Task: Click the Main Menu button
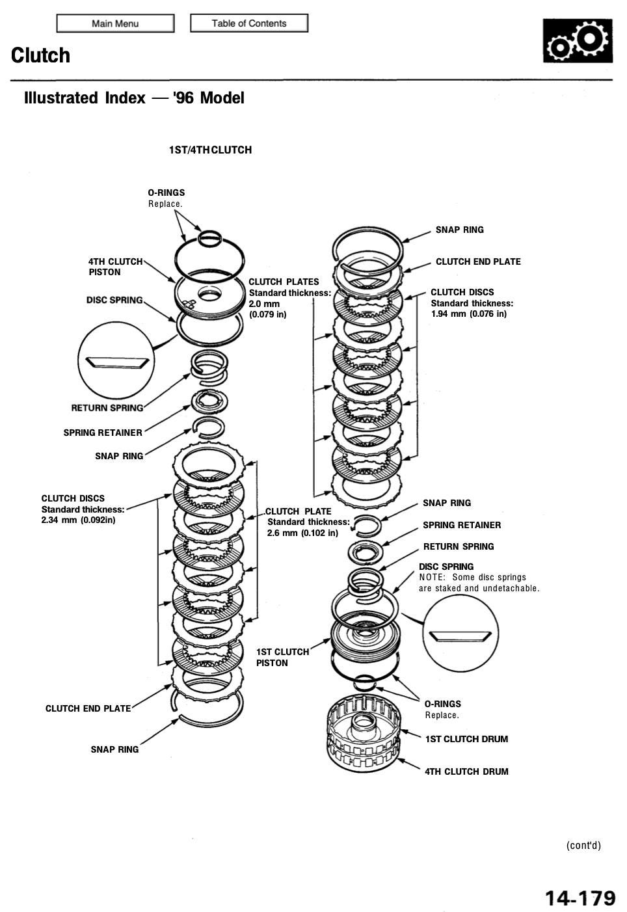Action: click(115, 23)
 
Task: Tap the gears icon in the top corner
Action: click(578, 40)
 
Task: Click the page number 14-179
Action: click(580, 898)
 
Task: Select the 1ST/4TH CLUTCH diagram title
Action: click(210, 150)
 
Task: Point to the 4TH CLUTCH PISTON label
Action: click(115, 267)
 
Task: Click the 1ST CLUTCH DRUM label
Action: click(466, 739)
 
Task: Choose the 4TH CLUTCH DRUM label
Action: click(466, 771)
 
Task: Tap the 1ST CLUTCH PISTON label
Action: click(282, 657)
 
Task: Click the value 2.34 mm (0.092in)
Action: click(78, 520)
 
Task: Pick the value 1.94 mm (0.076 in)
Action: click(468, 314)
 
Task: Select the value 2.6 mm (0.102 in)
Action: click(302, 533)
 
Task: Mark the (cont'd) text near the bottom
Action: click(583, 845)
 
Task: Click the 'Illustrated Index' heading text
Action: click(85, 98)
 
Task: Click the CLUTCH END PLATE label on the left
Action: click(88, 708)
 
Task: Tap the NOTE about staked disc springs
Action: click(479, 583)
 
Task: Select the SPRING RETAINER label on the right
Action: click(462, 525)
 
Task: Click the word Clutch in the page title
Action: click(40, 55)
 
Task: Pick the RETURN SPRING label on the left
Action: click(107, 408)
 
